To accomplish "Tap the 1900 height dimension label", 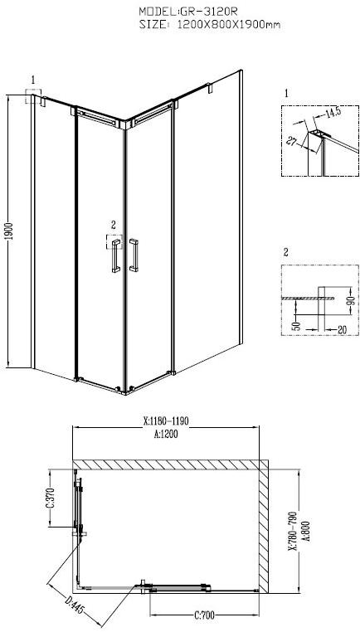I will click(x=9, y=231).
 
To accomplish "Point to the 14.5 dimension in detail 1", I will click(x=334, y=112).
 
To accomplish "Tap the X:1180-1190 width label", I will click(x=166, y=421).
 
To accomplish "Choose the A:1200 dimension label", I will click(x=167, y=433).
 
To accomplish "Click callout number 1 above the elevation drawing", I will click(x=33, y=80).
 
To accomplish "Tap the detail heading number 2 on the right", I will click(x=286, y=251).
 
